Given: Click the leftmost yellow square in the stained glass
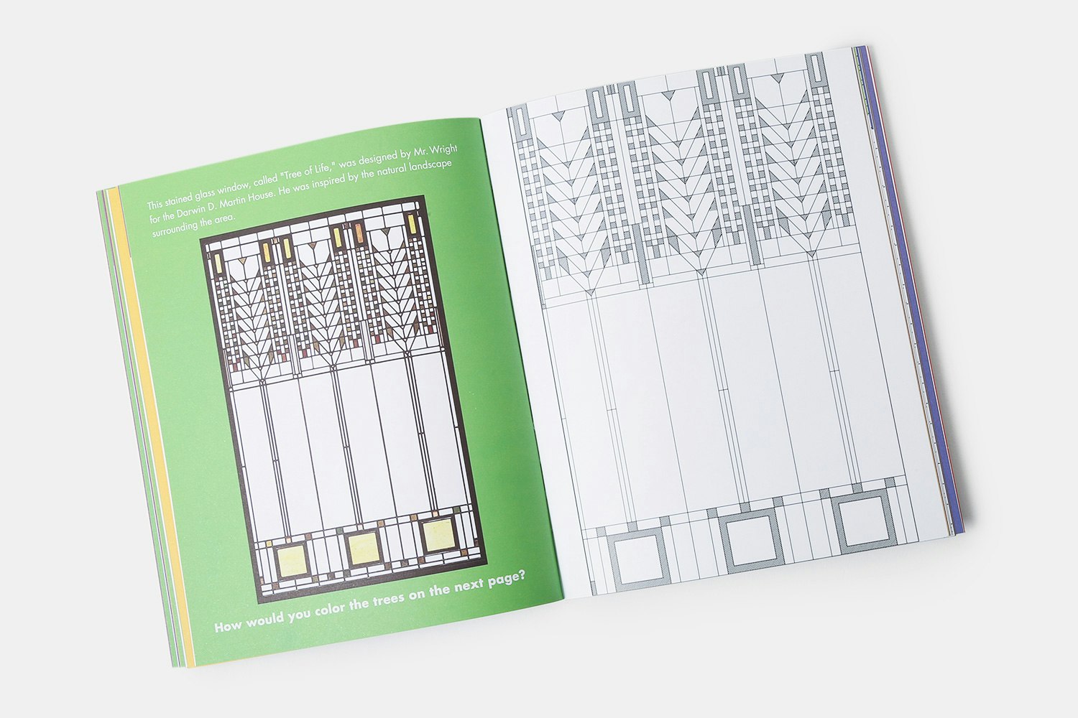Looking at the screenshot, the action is pos(291,560).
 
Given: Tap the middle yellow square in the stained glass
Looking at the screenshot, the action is pos(363,549).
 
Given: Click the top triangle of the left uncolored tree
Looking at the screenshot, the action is pos(558,116).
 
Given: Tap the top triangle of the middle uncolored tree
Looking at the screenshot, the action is pos(668,96).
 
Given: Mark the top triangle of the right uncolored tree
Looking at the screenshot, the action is pos(778,77).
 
